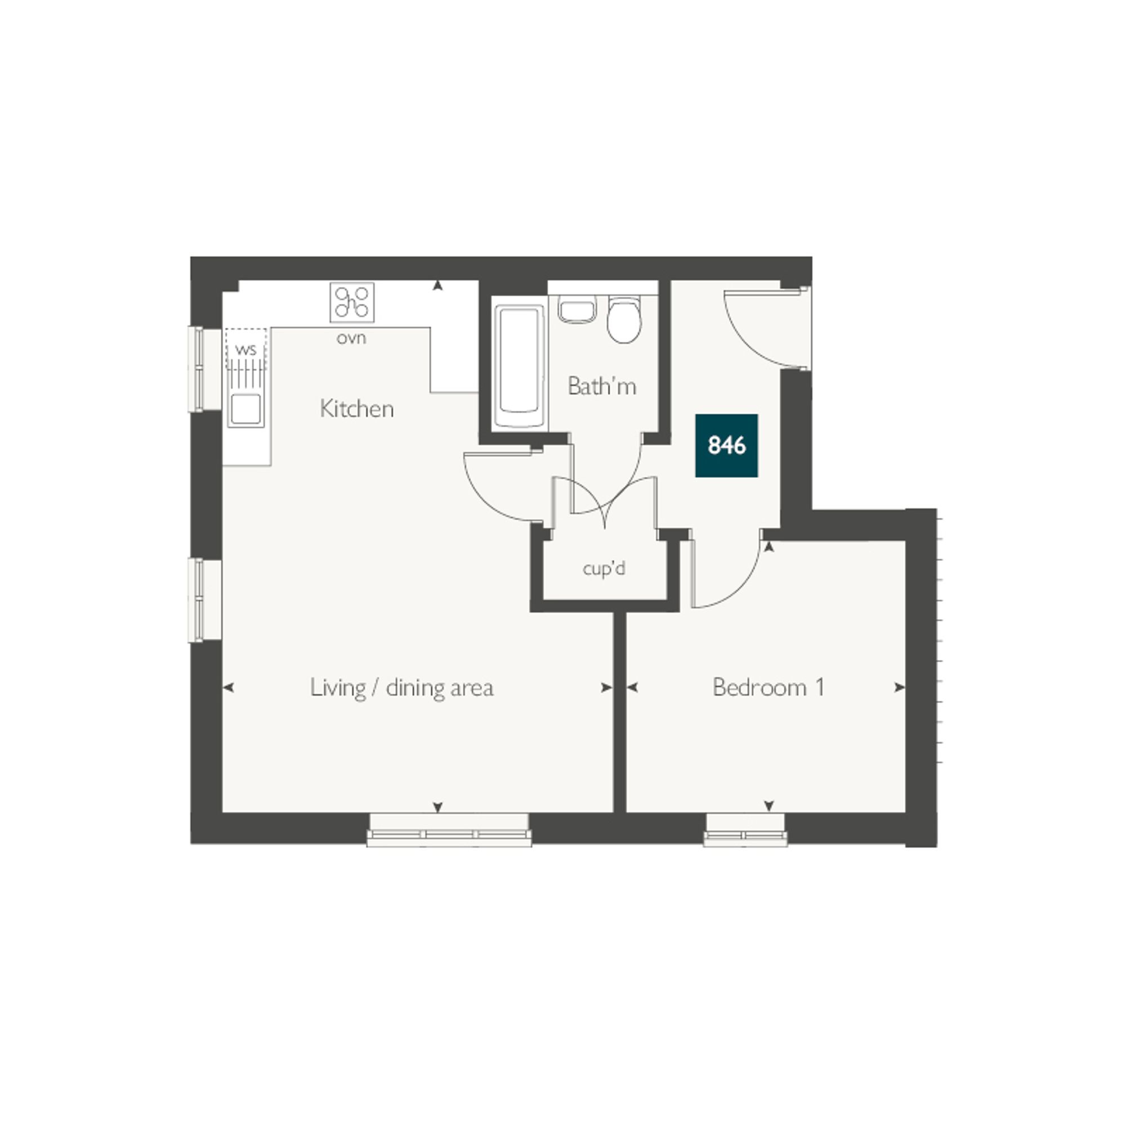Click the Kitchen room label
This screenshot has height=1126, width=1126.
(x=357, y=409)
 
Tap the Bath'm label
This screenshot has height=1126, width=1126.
(x=601, y=386)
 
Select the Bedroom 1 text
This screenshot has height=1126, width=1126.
(x=768, y=688)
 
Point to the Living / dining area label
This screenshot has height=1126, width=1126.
(x=401, y=689)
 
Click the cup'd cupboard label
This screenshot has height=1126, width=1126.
(x=604, y=568)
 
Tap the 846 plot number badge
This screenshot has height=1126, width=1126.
(x=727, y=446)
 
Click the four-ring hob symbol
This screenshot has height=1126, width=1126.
(x=352, y=302)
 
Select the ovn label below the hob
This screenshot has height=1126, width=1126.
(x=351, y=338)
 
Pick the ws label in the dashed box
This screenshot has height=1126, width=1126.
(x=246, y=350)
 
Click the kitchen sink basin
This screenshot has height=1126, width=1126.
(x=246, y=410)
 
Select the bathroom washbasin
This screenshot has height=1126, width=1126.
(x=577, y=310)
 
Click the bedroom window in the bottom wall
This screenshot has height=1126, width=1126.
(x=745, y=830)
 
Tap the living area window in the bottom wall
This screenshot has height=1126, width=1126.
(x=449, y=830)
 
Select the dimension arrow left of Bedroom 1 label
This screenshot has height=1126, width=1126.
(x=632, y=688)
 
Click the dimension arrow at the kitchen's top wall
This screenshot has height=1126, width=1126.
(x=437, y=285)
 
